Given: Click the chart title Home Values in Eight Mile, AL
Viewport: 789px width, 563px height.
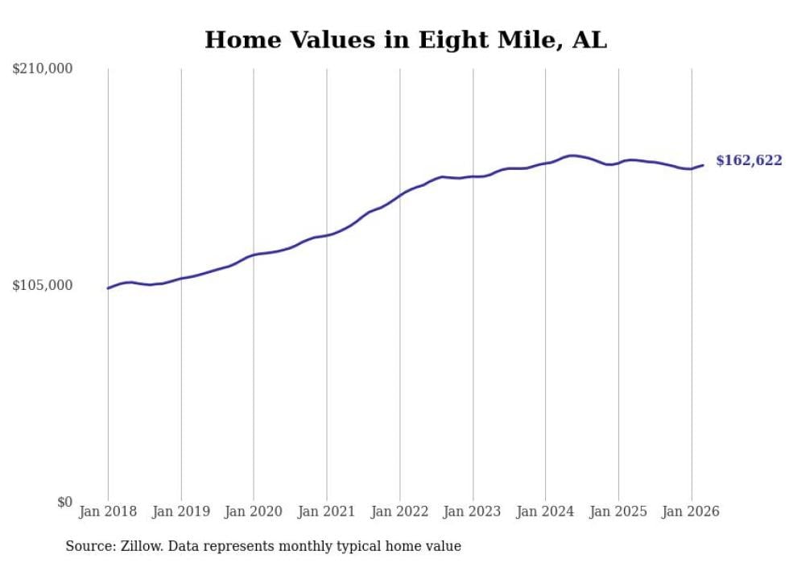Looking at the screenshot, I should point(406,39).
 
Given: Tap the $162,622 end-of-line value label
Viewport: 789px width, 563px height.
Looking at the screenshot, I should point(749,161).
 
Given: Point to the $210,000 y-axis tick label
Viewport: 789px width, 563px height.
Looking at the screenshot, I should point(43,69).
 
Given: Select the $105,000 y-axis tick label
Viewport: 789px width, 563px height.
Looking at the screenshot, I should point(43,286).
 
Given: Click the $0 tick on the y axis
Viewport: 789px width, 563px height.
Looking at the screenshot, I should point(64,503).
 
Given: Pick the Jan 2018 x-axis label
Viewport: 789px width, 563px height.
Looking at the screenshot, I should point(108,511).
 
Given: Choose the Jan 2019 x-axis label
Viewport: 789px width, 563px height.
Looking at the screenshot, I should point(181,511).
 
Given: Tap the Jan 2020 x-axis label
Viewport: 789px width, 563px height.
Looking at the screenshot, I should point(254,511).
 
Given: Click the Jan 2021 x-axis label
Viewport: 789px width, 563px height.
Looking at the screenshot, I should point(327,511).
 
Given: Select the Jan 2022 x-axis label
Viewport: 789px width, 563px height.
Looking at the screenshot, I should point(399,511).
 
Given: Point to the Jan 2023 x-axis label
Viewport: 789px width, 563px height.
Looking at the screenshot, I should point(473,511).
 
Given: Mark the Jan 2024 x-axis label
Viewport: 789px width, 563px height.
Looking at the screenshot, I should point(545,511).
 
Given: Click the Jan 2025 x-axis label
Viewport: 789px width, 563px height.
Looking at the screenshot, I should point(618,511).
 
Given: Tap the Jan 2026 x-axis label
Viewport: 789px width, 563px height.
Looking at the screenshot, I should point(691,511).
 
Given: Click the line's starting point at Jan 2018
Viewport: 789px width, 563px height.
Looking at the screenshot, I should point(108,288).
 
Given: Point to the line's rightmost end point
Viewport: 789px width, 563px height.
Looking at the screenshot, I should point(703,165).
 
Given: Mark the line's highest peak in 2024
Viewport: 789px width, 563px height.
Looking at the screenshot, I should point(572,155).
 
